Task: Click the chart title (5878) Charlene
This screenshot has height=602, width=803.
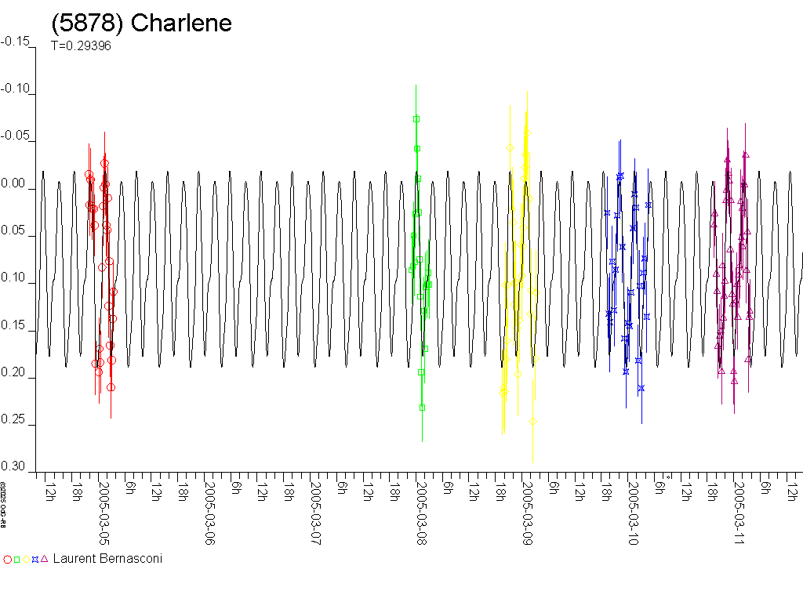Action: [x=142, y=23]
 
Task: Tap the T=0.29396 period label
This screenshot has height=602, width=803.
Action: [x=81, y=45]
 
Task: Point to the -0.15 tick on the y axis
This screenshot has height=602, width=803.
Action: [x=18, y=42]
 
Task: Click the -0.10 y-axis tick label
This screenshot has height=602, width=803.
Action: [x=18, y=90]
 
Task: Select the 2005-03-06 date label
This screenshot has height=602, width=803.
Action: [x=209, y=514]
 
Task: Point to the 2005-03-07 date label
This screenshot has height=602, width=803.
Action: [x=315, y=514]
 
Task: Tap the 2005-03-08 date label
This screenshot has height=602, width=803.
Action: [x=421, y=514]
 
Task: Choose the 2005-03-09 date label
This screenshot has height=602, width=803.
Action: [x=527, y=514]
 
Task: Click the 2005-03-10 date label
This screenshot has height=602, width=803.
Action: [x=633, y=514]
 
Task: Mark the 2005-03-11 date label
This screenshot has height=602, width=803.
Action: [x=739, y=514]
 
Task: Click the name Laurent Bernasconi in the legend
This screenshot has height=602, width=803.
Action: [x=107, y=559]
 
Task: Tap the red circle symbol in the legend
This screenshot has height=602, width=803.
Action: [x=8, y=560]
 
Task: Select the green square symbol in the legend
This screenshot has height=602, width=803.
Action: [x=16, y=560]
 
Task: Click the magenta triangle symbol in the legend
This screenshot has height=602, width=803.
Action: [x=44, y=559]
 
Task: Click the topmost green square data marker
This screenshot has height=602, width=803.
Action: [x=416, y=119]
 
